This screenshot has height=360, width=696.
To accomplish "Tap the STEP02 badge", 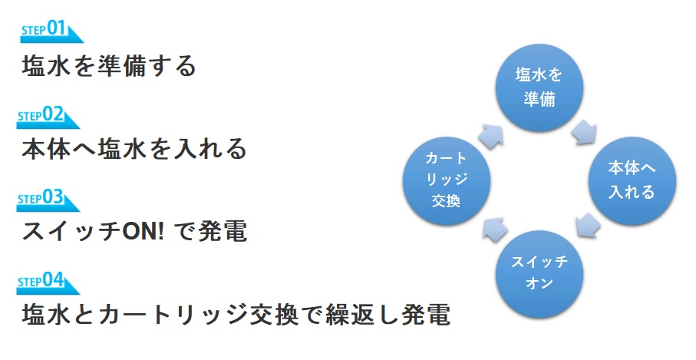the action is tap(47, 117).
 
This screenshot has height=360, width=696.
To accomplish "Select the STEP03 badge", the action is tap(47, 200).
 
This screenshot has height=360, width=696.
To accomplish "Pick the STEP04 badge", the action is tap(47, 284).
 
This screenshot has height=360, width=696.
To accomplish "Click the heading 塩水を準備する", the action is tap(109, 66).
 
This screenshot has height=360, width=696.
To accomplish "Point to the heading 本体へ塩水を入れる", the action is tap(134, 148).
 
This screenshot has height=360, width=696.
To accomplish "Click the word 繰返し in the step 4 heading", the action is tap(363, 314).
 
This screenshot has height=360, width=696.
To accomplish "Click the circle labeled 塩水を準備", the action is tap(539, 87).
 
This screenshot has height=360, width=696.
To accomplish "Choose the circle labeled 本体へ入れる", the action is tap(632, 180).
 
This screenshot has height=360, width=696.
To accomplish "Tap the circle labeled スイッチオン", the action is tap(539, 273).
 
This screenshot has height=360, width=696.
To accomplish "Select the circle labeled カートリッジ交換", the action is tap(446, 180).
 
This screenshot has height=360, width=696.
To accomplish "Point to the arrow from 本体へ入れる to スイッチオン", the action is tap(588, 226).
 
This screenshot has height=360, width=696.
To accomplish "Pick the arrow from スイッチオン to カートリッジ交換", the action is tap(494, 229).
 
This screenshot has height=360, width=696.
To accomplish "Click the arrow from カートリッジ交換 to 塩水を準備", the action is tap(491, 136).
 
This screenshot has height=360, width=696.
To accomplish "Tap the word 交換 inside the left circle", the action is tap(446, 201).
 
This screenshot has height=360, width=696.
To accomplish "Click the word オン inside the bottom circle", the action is tap(539, 283).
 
